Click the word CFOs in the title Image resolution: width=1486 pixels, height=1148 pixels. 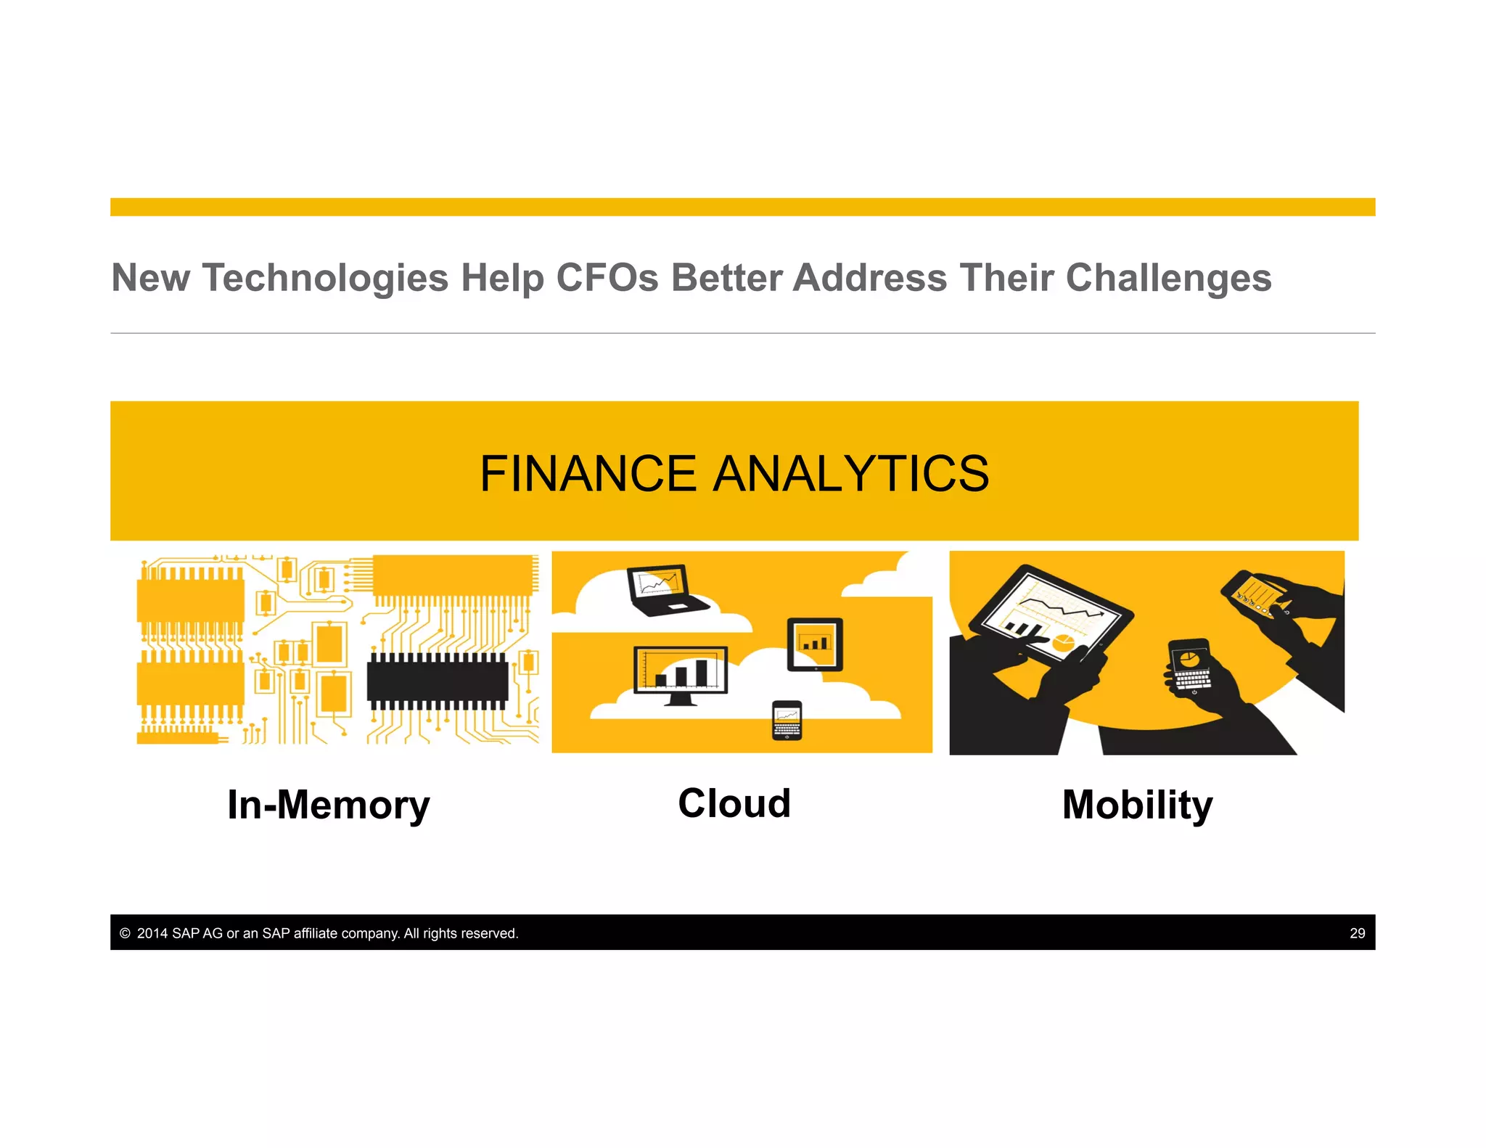pos(607,278)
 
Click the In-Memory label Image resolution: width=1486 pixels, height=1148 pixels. pos(328,805)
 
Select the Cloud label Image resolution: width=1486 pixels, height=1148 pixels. pos(734,803)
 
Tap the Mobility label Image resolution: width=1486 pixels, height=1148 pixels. pos(1137,805)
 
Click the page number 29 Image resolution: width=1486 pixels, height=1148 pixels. pos(1357,933)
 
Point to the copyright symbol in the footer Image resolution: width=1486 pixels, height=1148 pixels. pos(125,933)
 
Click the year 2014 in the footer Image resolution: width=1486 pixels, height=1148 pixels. pos(152,933)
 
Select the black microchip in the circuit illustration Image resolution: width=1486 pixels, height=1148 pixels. pos(438,681)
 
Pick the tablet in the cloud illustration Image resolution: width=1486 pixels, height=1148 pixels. pos(815,644)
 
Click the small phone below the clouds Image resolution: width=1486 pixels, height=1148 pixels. pos(787,720)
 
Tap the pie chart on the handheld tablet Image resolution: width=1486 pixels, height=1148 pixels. pos(1064,641)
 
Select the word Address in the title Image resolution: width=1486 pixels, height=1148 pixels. pos(870,278)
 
